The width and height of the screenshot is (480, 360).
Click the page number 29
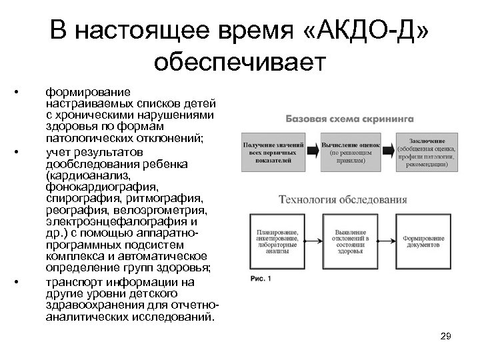tap(446, 337)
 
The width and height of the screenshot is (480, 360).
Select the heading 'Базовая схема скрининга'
tap(350, 119)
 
